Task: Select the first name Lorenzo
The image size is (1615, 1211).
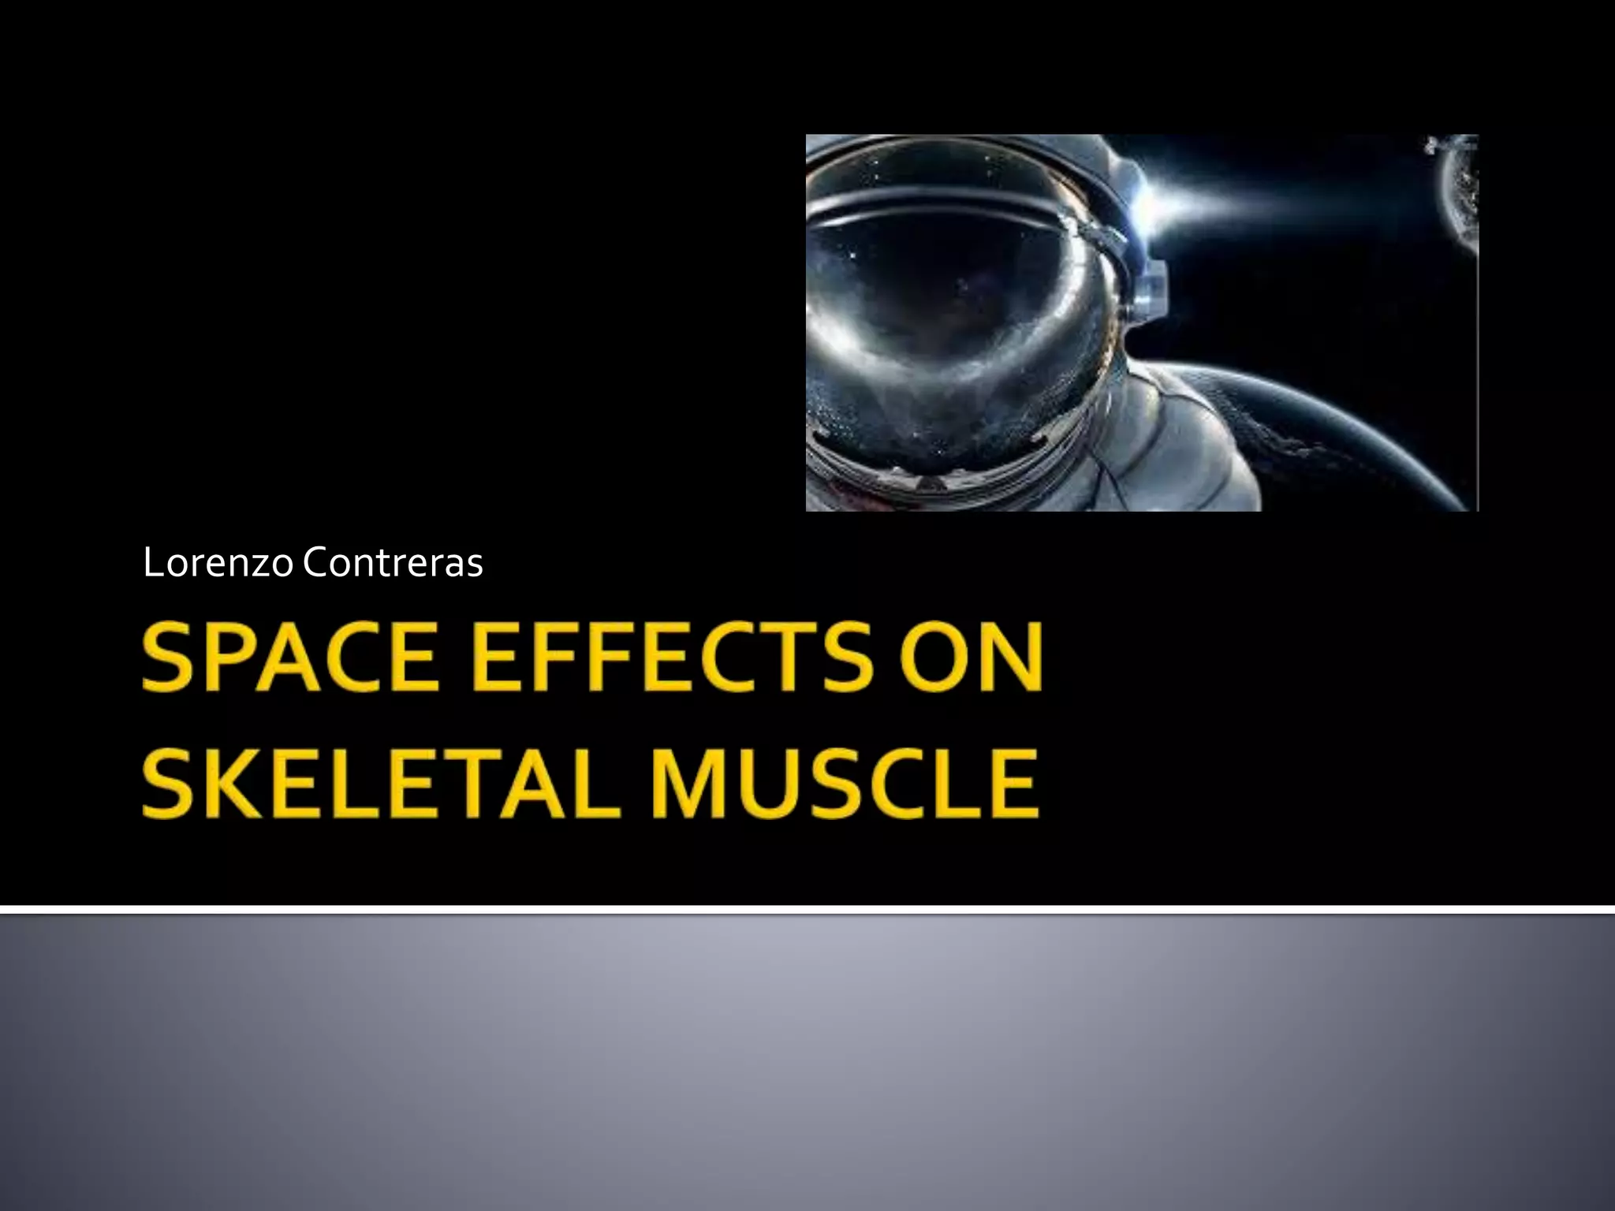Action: (x=218, y=563)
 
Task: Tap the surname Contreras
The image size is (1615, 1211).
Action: (x=393, y=563)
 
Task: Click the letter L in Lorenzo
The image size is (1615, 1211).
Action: (x=152, y=563)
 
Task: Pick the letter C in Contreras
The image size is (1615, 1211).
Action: (x=316, y=563)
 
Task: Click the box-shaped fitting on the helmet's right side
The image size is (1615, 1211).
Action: (x=1151, y=293)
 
